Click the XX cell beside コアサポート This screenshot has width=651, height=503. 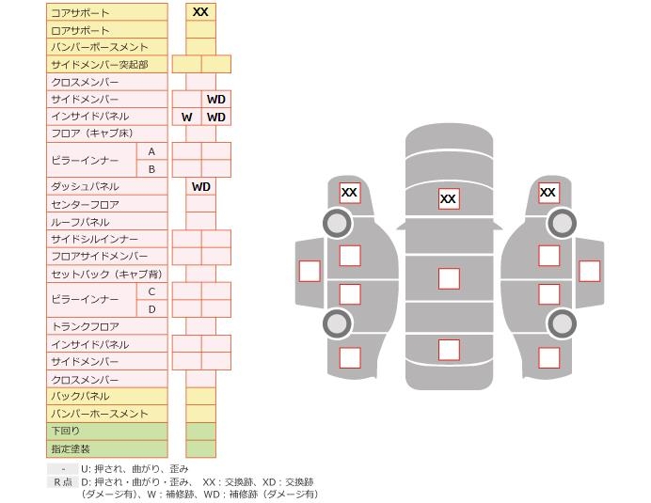point(200,12)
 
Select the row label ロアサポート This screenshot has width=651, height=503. point(80,30)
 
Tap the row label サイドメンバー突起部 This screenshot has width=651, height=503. point(99,64)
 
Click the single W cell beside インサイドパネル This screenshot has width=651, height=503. point(187,117)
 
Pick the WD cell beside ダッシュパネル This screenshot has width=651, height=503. point(201,186)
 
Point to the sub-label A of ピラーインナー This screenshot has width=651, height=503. point(151,151)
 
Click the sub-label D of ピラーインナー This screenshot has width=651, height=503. point(151,308)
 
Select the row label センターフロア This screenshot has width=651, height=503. point(86,204)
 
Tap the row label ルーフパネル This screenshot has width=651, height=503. point(80,222)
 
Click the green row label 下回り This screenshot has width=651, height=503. point(66,431)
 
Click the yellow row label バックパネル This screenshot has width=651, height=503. point(80,396)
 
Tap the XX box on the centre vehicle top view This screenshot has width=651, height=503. point(449,198)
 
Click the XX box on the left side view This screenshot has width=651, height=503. point(350,193)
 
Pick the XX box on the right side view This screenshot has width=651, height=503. point(548,193)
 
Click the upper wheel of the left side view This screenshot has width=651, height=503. point(337,223)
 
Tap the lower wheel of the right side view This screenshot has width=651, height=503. point(562,323)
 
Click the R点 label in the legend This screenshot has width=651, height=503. point(62,481)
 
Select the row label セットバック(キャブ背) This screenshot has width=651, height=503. point(106,274)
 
